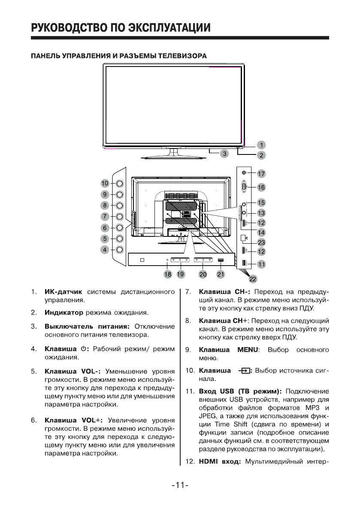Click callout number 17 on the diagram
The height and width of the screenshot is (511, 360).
pos(261,174)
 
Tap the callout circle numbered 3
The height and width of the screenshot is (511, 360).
pos(224,153)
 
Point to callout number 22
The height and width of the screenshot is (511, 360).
pos(253,279)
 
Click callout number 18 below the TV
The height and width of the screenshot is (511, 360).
pos(168,274)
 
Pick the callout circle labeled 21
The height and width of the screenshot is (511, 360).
pos(221,274)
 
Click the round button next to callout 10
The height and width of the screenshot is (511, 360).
pos(120,183)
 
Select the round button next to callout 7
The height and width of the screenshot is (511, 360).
pos(120,216)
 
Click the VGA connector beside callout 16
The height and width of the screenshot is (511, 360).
pos(244,187)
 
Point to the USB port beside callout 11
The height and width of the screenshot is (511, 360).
pos(244,264)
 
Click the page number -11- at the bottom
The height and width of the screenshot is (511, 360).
pos(180,485)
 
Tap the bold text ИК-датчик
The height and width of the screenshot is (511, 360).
pos(63,292)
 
